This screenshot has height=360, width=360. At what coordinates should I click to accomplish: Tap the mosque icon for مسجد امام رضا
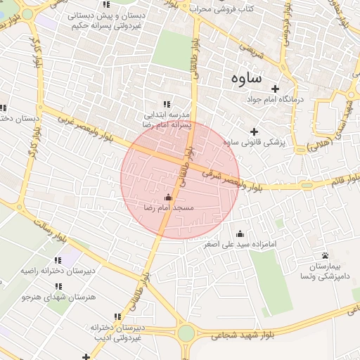(167, 198)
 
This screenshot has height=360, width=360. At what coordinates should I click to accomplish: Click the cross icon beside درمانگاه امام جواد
(275, 89)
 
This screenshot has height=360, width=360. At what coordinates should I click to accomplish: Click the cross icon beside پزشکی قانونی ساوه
(254, 131)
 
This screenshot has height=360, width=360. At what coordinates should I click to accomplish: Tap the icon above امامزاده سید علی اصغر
(240, 234)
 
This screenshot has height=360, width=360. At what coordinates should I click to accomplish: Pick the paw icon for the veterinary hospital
(325, 255)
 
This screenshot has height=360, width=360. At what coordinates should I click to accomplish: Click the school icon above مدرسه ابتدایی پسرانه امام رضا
(167, 104)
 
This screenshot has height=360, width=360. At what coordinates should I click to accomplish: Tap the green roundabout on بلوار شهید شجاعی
(186, 333)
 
